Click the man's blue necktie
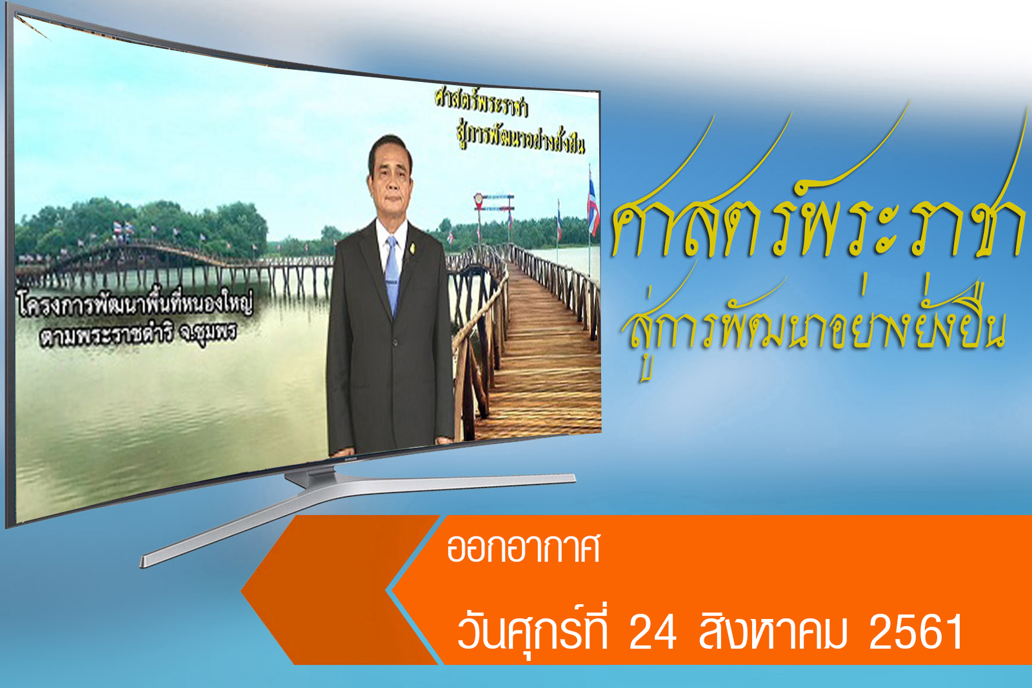pyautogui.click(x=392, y=277)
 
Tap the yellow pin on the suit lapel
pyautogui.click(x=413, y=248)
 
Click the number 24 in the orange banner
pyautogui.click(x=653, y=633)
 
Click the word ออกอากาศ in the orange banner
pyautogui.click(x=523, y=548)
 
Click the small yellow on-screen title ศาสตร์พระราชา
pyautogui.click(x=482, y=104)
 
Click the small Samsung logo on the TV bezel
pyautogui.click(x=349, y=458)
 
